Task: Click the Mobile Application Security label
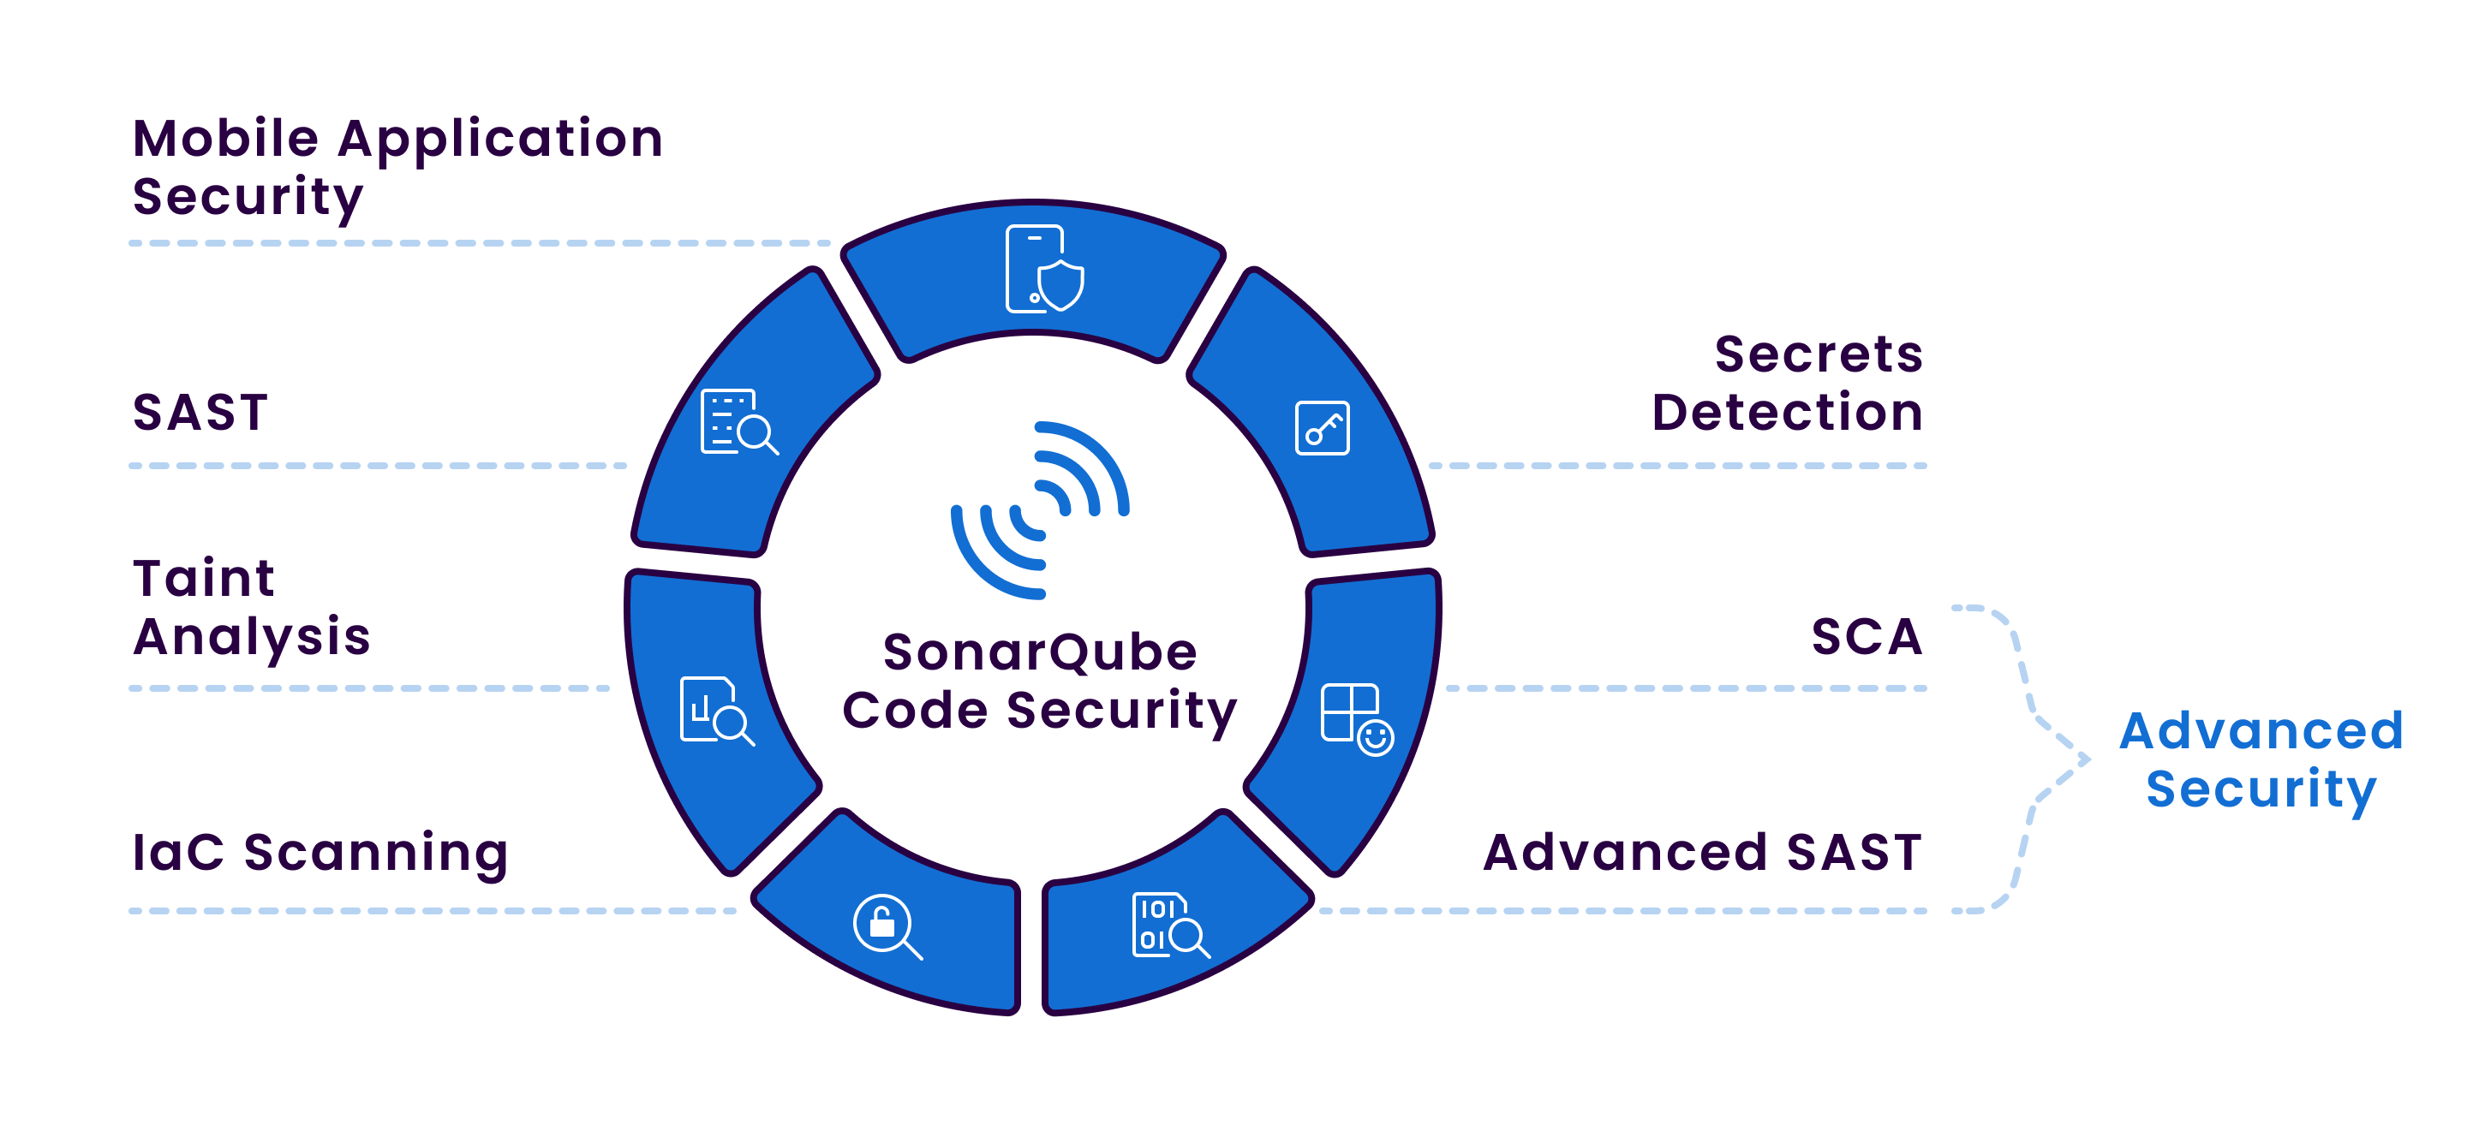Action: [x=397, y=168]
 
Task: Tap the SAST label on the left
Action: [x=200, y=413]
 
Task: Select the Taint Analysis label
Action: [x=251, y=608]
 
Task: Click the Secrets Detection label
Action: [x=1787, y=383]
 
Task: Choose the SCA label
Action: [x=1867, y=637]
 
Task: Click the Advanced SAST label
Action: [x=1702, y=852]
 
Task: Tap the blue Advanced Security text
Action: [x=2261, y=760]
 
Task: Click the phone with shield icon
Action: [x=1043, y=269]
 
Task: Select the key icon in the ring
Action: [x=1322, y=428]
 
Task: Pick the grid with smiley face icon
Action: [x=1356, y=719]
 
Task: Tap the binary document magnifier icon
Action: [x=1169, y=925]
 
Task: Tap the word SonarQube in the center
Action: [x=1040, y=652]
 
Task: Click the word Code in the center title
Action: [x=915, y=711]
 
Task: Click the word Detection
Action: [x=1787, y=413]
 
